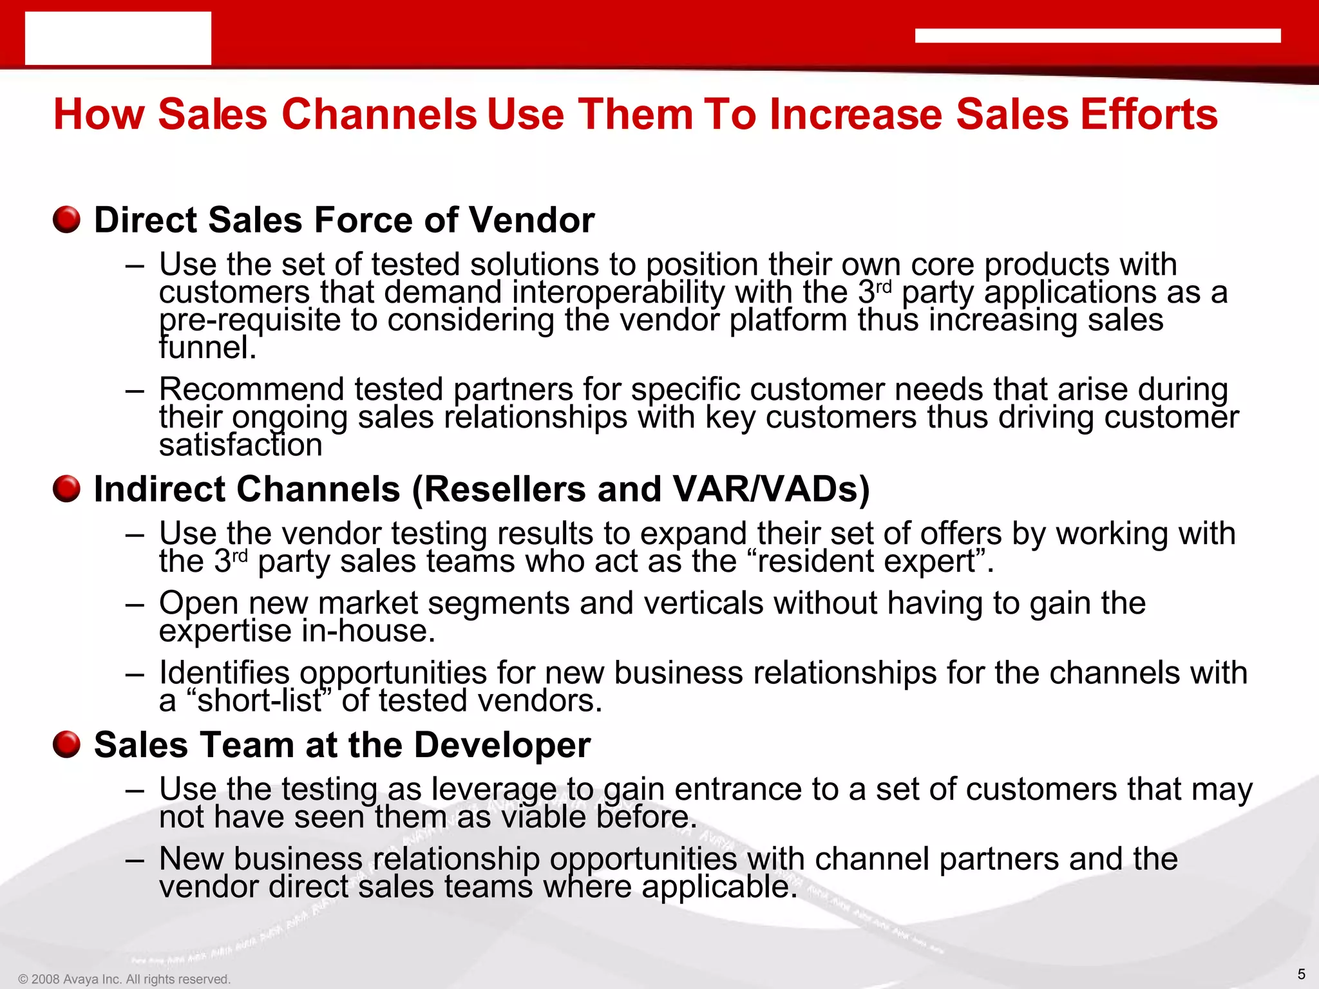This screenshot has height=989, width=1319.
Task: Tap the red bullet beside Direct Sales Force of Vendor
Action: pyautogui.click(x=66, y=220)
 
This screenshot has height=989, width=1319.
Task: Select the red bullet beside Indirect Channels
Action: pyautogui.click(x=66, y=489)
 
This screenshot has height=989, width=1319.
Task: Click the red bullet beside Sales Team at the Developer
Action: pyautogui.click(x=66, y=744)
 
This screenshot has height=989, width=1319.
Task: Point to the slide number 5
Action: pyautogui.click(x=1301, y=974)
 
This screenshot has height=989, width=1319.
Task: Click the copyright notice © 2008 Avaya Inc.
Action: pyautogui.click(x=124, y=979)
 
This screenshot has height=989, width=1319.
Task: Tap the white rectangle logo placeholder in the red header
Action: pyautogui.click(x=118, y=38)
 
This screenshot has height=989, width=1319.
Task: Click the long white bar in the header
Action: pyautogui.click(x=1097, y=36)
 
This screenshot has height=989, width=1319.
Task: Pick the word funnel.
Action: pyautogui.click(x=207, y=348)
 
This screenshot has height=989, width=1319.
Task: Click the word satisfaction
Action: pyautogui.click(x=240, y=446)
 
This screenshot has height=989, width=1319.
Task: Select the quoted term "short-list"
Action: pyautogui.click(x=258, y=701)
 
